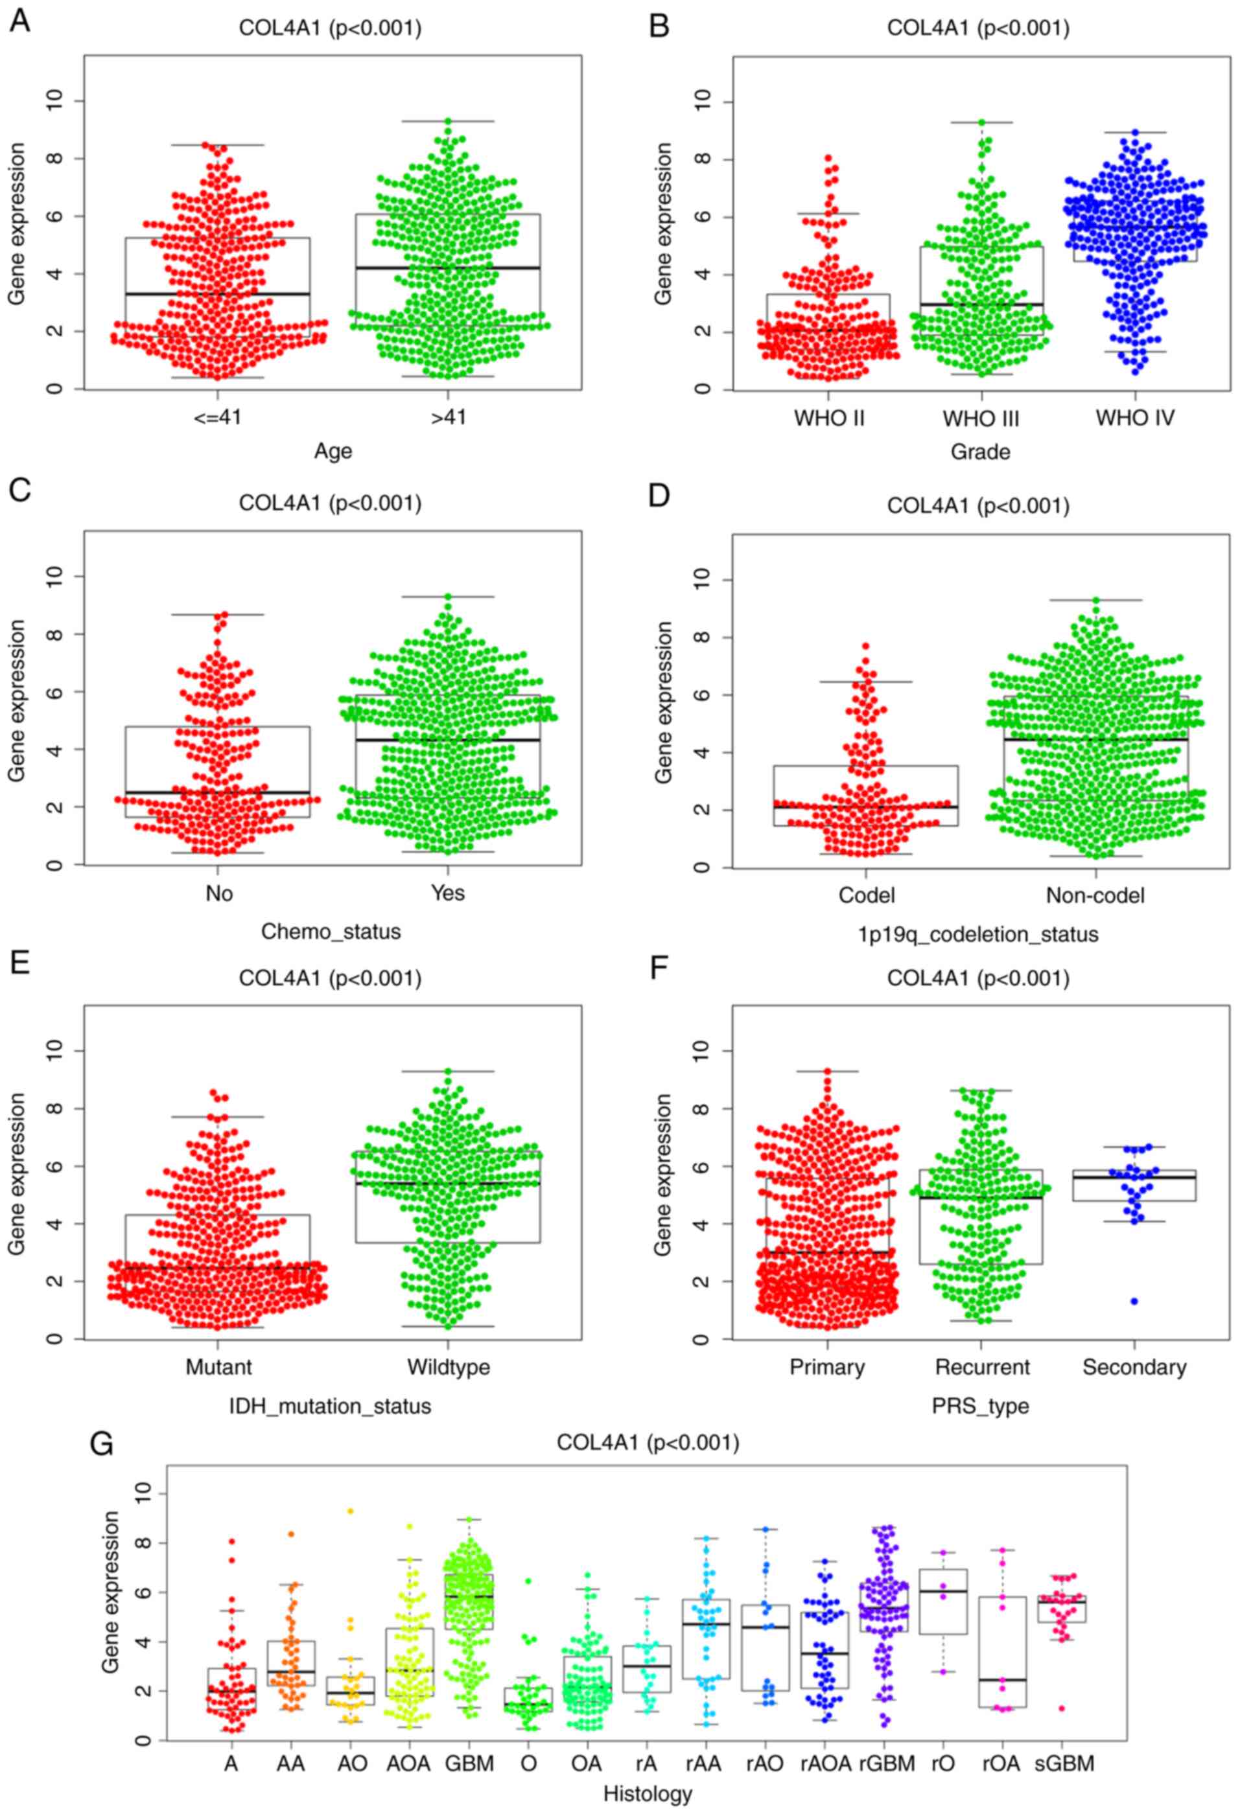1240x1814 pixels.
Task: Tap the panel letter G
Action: click(x=102, y=1444)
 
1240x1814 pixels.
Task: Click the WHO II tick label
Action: click(x=828, y=418)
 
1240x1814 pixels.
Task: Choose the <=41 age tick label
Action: click(x=218, y=418)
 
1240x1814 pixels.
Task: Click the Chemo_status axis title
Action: click(x=331, y=931)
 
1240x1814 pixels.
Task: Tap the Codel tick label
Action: click(x=866, y=895)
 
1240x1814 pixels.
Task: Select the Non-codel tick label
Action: click(x=1095, y=895)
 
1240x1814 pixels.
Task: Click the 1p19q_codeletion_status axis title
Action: click(x=978, y=934)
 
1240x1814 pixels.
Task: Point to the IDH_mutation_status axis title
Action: click(x=331, y=1406)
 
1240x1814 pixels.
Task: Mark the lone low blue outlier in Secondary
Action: click(x=1134, y=1301)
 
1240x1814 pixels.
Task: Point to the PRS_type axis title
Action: click(x=980, y=1406)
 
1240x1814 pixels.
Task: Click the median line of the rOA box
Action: click(x=1002, y=1679)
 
